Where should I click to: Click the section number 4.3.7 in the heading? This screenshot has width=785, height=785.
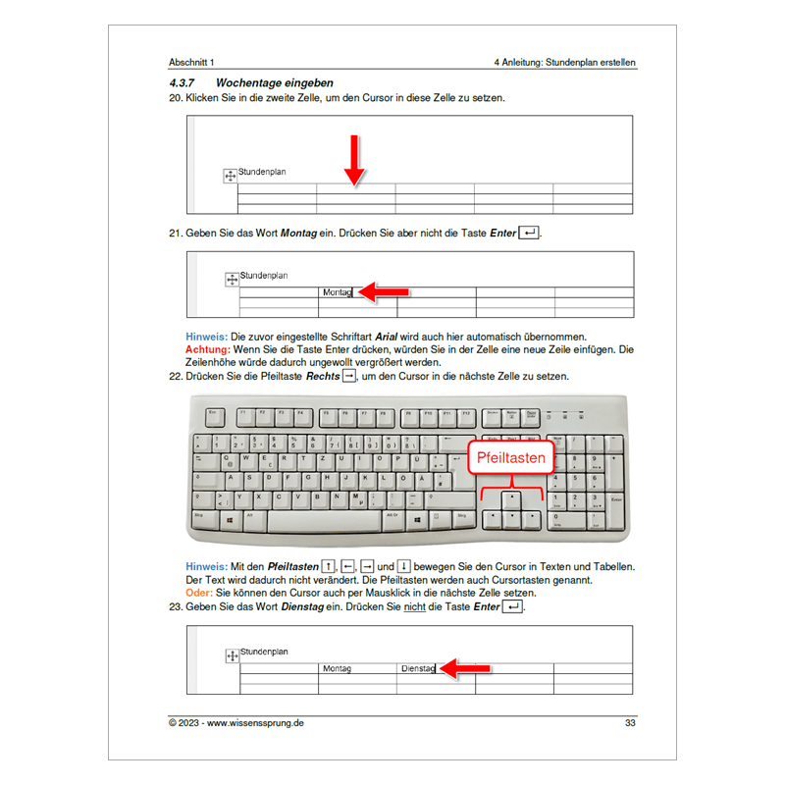click(x=184, y=83)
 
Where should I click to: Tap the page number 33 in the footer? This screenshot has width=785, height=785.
click(x=630, y=724)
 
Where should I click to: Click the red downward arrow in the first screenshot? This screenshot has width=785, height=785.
click(x=354, y=161)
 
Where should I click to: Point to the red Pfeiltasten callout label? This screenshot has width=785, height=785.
click(x=511, y=457)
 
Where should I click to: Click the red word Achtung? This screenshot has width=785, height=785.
click(x=207, y=349)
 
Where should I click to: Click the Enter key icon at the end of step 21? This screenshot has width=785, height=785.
click(x=529, y=233)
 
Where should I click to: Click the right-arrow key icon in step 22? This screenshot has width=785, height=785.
click(x=348, y=376)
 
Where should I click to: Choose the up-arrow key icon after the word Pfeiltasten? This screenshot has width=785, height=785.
click(x=329, y=566)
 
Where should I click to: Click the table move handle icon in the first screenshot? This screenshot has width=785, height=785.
click(x=230, y=176)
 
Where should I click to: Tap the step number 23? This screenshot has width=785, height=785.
click(x=176, y=607)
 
